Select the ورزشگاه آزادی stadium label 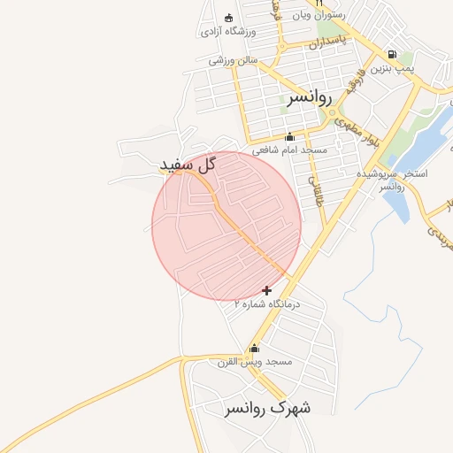click(x=228, y=32)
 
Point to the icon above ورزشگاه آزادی click(x=229, y=19)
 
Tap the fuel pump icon click(x=391, y=54)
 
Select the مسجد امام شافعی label click(x=289, y=150)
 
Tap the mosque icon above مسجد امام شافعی click(x=289, y=136)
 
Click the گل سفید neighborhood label click(x=188, y=165)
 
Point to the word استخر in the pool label click(x=413, y=173)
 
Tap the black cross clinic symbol click(x=267, y=290)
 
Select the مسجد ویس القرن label click(x=255, y=361)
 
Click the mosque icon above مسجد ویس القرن click(x=255, y=349)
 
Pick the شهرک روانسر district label click(x=266, y=408)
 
